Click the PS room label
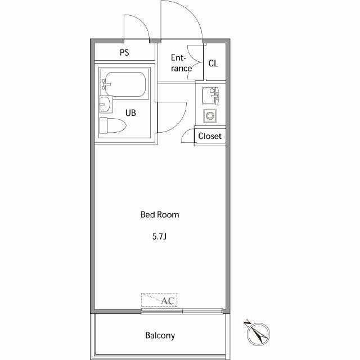click(x=124, y=52)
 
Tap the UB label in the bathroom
click(x=130, y=112)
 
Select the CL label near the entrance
click(x=213, y=64)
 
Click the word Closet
click(x=210, y=136)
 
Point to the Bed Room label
click(x=160, y=215)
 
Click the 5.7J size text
click(x=159, y=237)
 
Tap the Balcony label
click(x=160, y=335)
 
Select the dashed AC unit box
click(x=159, y=300)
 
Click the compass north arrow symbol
click(x=257, y=332)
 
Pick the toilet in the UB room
click(x=112, y=125)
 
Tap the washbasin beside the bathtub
click(x=106, y=104)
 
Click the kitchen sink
click(x=210, y=96)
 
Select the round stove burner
click(x=210, y=116)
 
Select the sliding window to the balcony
click(x=182, y=311)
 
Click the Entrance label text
click(x=181, y=63)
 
